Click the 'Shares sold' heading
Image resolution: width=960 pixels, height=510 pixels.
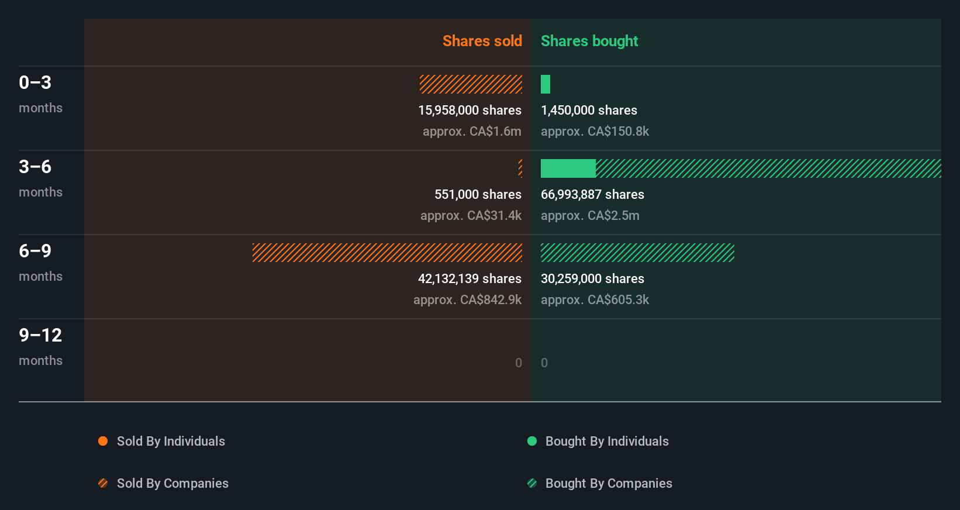pos(482,41)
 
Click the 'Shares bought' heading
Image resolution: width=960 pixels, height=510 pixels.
pos(589,41)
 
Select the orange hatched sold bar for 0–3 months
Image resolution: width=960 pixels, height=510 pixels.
pos(471,84)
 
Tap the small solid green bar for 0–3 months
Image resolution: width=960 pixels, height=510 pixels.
pos(545,84)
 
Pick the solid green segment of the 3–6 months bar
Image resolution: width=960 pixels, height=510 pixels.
pos(568,168)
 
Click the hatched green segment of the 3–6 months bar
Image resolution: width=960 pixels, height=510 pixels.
pos(768,168)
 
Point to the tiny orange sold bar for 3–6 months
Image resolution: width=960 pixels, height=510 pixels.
pos(520,168)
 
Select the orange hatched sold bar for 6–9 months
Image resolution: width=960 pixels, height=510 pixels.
pos(387,253)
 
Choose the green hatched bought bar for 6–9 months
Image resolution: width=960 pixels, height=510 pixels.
pos(637,253)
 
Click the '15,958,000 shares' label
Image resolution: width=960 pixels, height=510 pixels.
pos(469,110)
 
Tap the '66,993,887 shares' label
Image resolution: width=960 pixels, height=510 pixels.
pos(592,194)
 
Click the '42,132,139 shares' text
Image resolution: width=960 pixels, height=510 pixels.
pos(469,278)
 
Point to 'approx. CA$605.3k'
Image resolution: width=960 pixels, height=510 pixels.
pos(595,299)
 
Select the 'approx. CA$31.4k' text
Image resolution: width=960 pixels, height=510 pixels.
pos(471,215)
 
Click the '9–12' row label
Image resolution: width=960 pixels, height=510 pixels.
pos(40,335)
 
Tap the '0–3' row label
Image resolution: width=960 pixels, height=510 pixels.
pos(35,82)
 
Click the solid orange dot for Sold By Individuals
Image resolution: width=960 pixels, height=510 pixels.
pos(103,441)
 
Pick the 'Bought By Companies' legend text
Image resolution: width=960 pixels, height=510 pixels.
pos(609,483)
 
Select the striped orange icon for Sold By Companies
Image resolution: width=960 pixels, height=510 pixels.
pos(103,483)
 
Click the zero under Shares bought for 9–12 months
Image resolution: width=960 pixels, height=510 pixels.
pos(544,363)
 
